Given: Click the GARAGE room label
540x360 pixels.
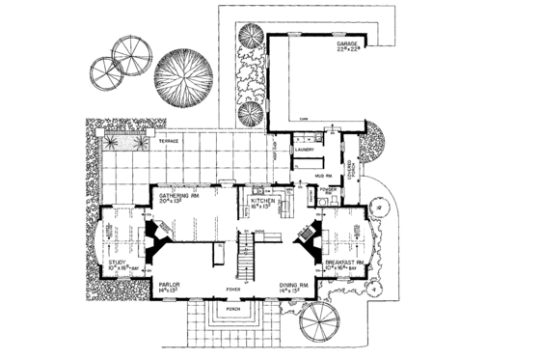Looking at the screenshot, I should coord(350,45).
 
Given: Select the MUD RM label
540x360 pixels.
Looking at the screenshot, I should coord(325,175).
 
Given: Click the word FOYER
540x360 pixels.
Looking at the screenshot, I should coord(232,287).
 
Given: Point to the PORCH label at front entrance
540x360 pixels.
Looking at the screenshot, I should coord(232,310).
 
